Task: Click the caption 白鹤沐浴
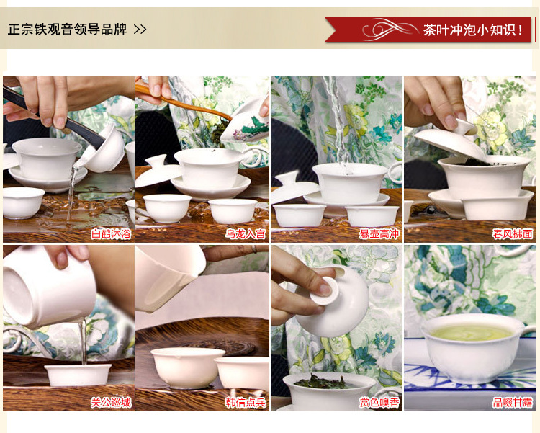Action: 111,234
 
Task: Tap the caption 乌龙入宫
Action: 246,234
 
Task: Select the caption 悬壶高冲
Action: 379,234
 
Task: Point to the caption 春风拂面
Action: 513,234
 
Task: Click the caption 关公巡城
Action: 111,402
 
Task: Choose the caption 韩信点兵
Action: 246,402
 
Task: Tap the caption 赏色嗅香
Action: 379,402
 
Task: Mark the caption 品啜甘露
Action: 513,402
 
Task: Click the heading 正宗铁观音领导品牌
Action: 67,30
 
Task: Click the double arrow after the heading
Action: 140,30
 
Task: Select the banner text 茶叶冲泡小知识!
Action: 473,30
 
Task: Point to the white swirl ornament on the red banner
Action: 389,29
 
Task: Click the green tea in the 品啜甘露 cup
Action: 472,332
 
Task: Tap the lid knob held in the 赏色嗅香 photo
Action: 324,290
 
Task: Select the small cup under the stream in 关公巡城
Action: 78,375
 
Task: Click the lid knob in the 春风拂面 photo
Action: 466,128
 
